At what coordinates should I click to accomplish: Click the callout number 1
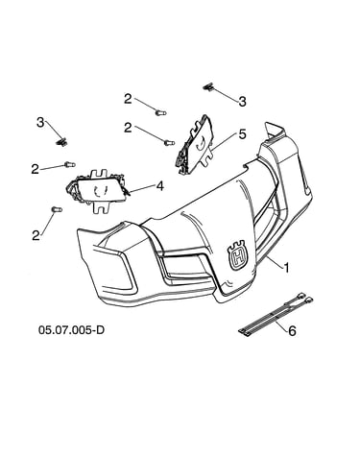[286, 268]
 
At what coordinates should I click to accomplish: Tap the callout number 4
[160, 185]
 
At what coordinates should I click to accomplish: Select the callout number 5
[243, 134]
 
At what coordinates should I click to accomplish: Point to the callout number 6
[292, 330]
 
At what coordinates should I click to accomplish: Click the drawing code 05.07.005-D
[71, 329]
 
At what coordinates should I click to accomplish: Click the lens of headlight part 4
[101, 190]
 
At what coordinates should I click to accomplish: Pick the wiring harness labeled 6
[276, 315]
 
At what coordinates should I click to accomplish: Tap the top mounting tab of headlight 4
[99, 175]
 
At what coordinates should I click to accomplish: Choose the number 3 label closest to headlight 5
[243, 101]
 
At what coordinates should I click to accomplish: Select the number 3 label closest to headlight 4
[40, 122]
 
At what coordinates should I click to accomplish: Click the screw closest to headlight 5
[169, 143]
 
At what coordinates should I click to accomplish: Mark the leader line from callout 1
[274, 259]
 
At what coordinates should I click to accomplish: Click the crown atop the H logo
[237, 244]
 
